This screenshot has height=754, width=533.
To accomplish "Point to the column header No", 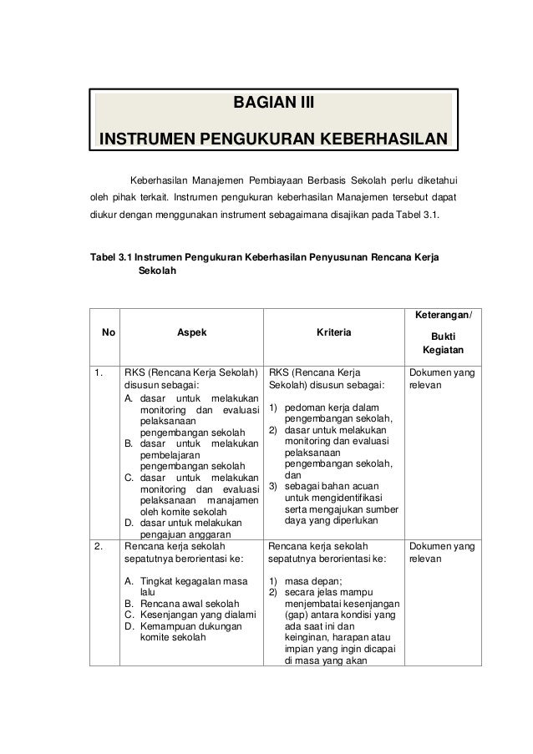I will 108,332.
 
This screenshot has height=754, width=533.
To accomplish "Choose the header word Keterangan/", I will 443,314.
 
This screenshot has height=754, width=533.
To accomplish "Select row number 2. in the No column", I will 100,547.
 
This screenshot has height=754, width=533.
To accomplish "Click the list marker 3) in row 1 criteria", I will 272,486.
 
